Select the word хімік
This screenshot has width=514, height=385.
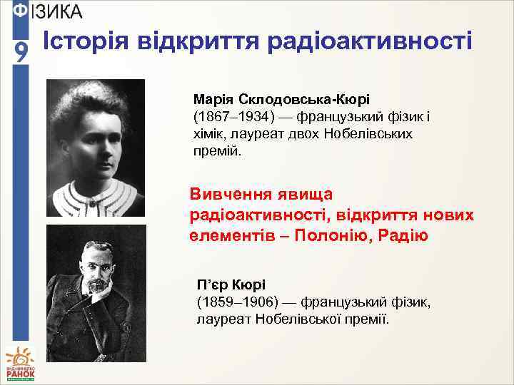pyautogui.click(x=211, y=133)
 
